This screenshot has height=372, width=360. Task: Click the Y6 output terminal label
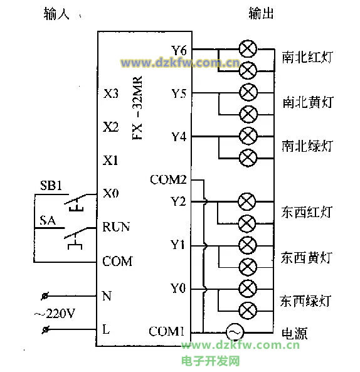179,50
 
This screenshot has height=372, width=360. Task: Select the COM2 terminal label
168,179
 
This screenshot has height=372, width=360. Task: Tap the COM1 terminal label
166,331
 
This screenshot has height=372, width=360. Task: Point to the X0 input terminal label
111,193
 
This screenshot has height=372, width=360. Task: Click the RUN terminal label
116,227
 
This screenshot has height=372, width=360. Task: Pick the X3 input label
111,93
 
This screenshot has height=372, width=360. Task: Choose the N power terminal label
107,296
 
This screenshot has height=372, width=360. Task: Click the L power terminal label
106,329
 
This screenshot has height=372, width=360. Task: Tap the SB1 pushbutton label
51,185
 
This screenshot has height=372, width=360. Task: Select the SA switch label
48,220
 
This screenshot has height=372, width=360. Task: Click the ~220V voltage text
55,314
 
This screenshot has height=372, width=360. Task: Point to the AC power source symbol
235,332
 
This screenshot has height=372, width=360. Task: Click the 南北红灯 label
307,57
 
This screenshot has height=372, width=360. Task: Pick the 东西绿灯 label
305,301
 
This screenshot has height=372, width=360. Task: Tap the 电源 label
294,333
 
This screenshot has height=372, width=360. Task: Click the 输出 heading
261,13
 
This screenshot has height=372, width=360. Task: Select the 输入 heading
56,14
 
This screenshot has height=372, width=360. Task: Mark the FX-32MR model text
137,108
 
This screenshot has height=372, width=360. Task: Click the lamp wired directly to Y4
248,136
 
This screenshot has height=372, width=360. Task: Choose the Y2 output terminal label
178,201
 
